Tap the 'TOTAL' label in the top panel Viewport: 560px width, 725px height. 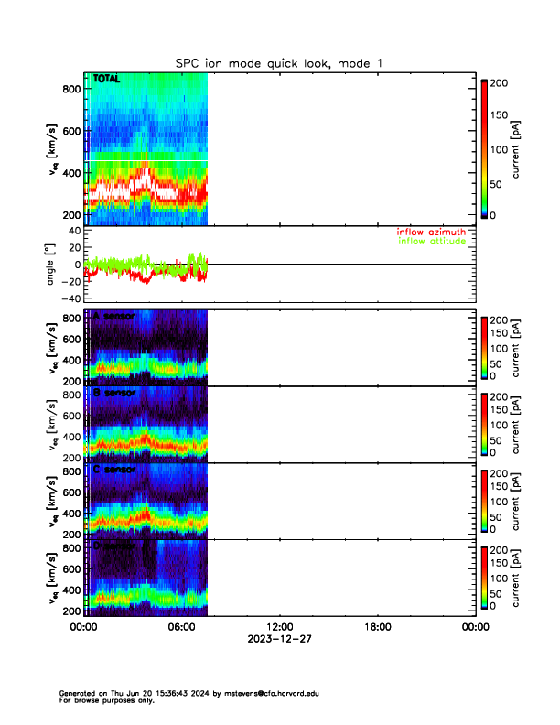click(106, 80)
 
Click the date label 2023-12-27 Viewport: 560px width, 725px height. click(279, 639)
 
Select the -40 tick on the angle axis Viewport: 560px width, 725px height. click(68, 298)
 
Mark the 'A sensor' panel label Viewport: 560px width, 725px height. click(114, 317)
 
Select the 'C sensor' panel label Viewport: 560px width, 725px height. click(114, 470)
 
